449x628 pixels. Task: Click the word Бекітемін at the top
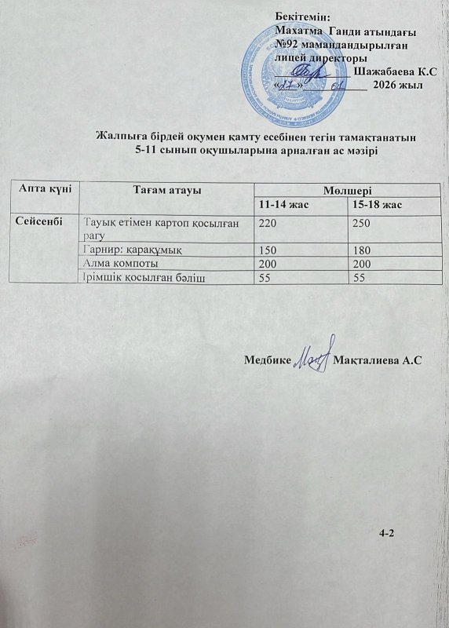pos(303,16)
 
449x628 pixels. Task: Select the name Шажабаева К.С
pos(395,71)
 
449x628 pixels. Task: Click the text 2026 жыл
pos(398,85)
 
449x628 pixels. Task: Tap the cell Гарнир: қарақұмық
pos(133,250)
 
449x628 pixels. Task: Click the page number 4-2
pos(386,534)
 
